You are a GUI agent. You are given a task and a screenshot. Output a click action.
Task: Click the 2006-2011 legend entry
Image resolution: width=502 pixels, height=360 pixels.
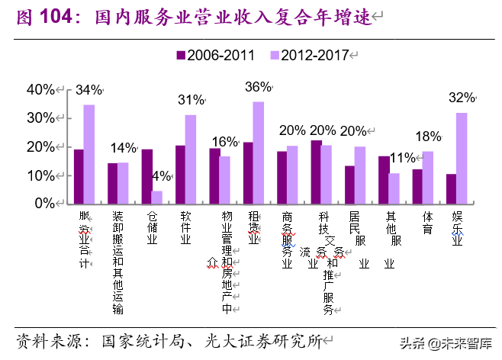point(217,55)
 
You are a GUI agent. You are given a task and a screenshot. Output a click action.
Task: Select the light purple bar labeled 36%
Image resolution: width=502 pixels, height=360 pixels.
point(259,153)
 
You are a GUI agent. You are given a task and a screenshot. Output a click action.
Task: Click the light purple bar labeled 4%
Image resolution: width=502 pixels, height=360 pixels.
point(157,197)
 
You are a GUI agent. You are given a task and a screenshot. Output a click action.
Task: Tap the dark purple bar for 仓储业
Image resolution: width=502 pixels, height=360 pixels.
point(146,176)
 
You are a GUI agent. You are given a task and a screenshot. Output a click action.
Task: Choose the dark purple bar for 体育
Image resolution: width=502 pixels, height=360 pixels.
point(417,186)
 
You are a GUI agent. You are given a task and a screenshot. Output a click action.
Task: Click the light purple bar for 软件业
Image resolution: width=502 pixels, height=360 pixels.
point(191,159)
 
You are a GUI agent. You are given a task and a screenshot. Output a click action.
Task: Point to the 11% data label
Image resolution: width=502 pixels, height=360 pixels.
point(402,159)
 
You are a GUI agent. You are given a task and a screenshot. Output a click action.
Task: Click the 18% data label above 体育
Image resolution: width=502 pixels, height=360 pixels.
point(428,137)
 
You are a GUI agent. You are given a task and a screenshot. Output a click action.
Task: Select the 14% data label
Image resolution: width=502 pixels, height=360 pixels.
point(123,148)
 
